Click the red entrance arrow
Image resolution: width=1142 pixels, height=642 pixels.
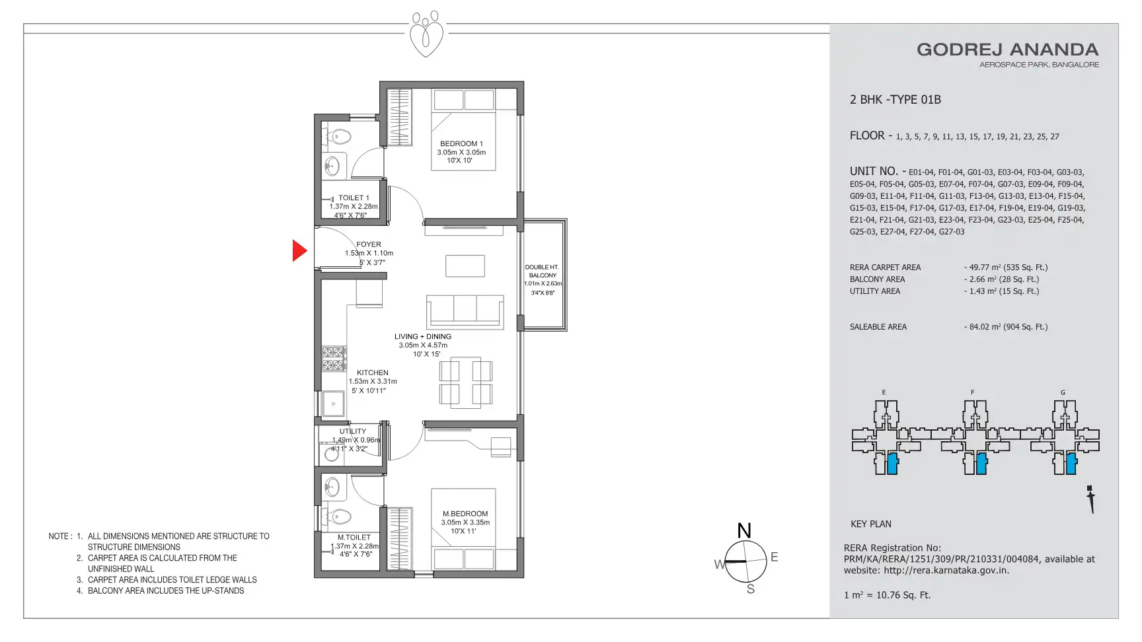coord(299,250)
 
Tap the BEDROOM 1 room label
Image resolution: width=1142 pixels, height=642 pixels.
coord(461,143)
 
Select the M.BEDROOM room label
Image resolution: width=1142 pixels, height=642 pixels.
coord(465,513)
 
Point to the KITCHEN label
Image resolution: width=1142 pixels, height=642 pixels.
coord(373,373)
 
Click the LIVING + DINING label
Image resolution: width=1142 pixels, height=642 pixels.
coord(423,336)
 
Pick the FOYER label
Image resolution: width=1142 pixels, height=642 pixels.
coord(369,244)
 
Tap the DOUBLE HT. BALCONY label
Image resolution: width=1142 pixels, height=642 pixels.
coord(543,271)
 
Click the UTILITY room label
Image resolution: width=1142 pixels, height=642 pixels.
coord(353,431)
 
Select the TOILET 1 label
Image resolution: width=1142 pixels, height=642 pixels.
coord(354,197)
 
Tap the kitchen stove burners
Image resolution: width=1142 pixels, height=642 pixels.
coord(334,359)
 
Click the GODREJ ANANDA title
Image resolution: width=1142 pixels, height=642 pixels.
coord(1008,50)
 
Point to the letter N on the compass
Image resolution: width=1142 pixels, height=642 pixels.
coord(744,530)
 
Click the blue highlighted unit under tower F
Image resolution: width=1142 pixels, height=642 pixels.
coord(981,464)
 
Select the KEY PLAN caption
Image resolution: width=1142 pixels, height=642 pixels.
coord(871,524)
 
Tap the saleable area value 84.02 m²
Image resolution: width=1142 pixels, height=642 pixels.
coord(984,327)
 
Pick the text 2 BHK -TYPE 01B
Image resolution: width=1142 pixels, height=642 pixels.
coord(895,100)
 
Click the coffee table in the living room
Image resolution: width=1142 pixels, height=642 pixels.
coord(465,266)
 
